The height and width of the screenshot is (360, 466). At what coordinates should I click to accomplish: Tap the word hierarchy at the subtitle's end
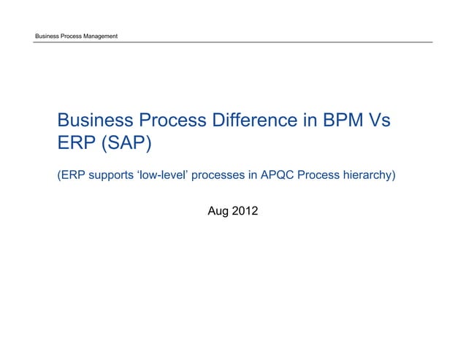tap(368, 176)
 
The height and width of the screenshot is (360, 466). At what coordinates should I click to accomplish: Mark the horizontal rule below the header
tap(233, 42)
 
